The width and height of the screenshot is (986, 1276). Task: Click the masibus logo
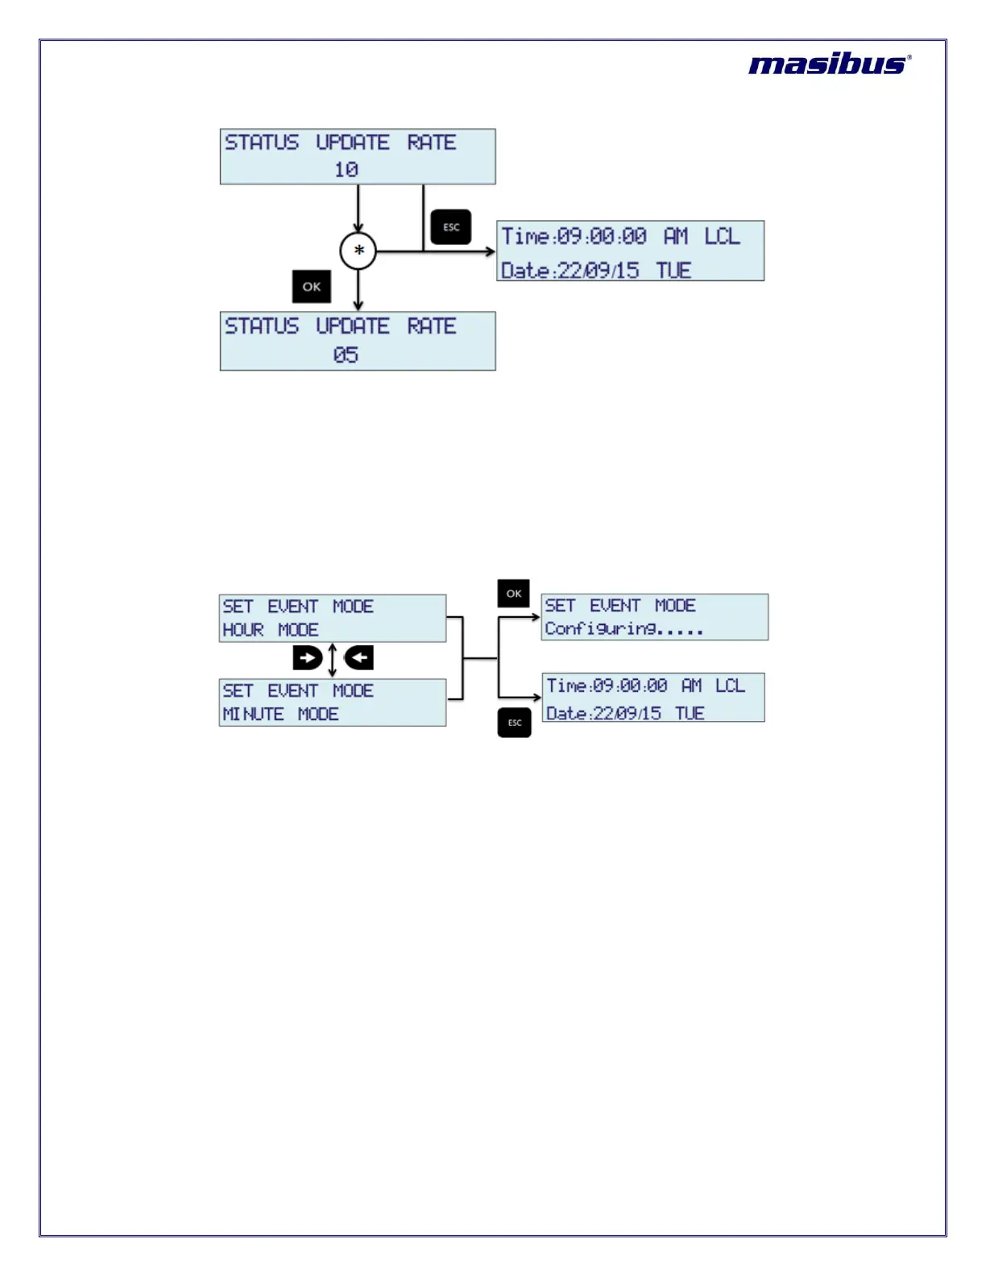coord(829,64)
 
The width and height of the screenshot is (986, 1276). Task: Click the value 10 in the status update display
coord(346,170)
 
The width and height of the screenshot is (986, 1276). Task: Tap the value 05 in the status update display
coord(346,354)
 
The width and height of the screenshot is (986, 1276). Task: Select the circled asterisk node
coord(358,251)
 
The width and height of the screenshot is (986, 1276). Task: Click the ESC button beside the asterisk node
coord(451,227)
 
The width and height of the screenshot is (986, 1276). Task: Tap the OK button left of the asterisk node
coord(312,287)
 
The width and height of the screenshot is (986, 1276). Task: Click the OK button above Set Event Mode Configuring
coord(514,594)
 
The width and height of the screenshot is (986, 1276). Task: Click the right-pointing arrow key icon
coord(307,658)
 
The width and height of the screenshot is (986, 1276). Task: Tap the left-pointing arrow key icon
coord(359,658)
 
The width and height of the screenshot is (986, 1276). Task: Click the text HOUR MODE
coord(271,630)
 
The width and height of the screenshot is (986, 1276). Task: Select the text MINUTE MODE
coord(280,715)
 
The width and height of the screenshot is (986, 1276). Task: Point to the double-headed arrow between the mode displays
coord(333,659)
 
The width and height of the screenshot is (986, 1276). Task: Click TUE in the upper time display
coord(673,271)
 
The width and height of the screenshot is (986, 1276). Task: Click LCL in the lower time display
coord(730,686)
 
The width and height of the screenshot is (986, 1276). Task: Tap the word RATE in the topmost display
coord(432,143)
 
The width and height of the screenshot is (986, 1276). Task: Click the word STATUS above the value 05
coord(262,326)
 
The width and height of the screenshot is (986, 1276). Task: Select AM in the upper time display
coord(676,236)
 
